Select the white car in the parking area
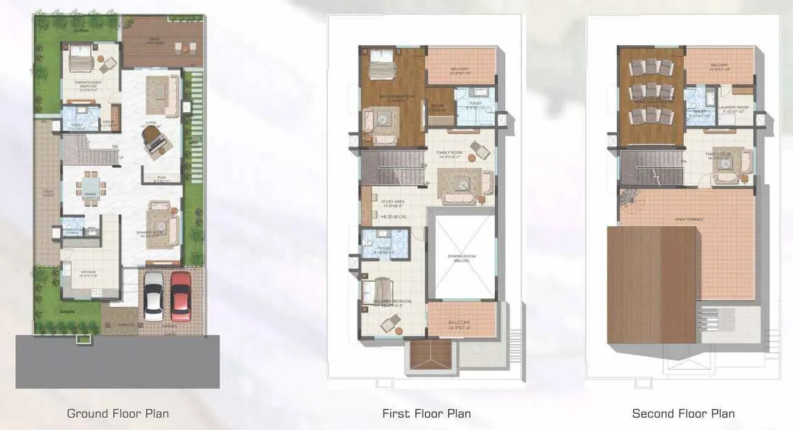coord(154,296)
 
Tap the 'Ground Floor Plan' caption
coord(118,414)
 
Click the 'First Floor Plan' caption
coord(426,414)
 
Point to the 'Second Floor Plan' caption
coord(683,414)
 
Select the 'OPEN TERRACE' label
coord(689,219)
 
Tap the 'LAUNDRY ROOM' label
coord(736,107)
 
